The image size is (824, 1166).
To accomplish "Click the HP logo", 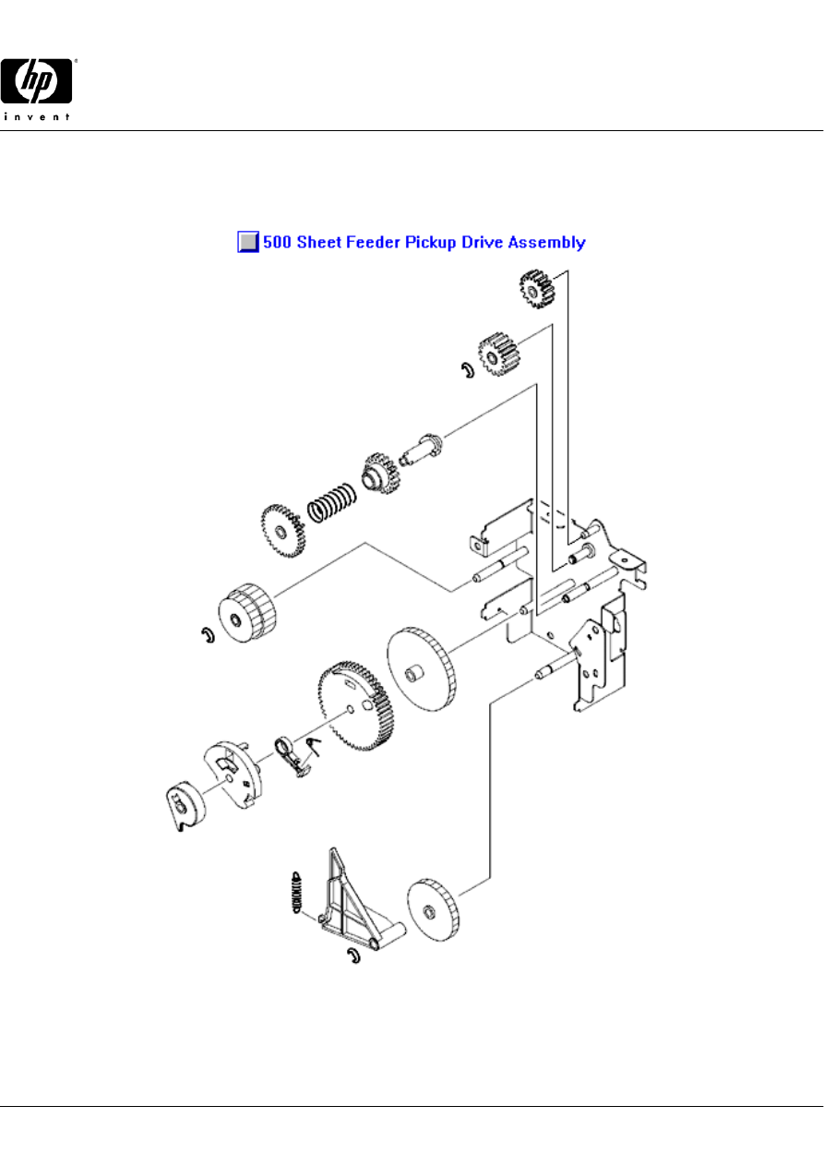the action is tap(36, 80).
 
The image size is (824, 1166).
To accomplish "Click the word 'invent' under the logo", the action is tap(36, 116).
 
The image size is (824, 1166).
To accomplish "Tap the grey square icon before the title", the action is tap(248, 242).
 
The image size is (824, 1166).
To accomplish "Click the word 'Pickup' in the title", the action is tap(430, 243).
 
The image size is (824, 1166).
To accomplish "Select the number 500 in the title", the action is tap(277, 242).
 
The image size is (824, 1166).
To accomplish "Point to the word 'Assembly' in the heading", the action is tap(547, 243).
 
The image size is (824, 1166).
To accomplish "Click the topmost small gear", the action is tap(536, 289).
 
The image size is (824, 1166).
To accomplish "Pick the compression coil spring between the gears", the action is tap(332, 503).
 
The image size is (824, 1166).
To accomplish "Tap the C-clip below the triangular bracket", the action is tap(354, 956).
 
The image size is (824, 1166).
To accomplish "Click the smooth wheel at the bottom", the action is tap(433, 910).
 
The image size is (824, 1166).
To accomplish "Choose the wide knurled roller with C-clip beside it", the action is tap(246, 613).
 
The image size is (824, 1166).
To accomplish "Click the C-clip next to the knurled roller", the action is tap(209, 635).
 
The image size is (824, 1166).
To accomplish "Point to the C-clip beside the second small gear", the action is tap(468, 370).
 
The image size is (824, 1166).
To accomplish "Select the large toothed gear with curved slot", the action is tap(355, 706).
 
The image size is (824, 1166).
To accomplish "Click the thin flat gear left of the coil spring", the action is tap(282, 531).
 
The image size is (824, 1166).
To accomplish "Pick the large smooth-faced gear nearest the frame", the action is tap(421, 669).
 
